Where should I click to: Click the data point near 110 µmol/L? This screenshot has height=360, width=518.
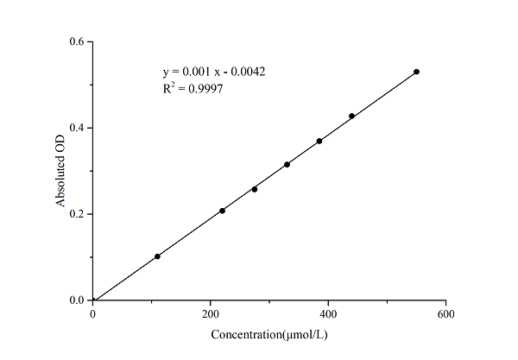[x=157, y=256]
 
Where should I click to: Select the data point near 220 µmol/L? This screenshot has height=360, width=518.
[x=222, y=211]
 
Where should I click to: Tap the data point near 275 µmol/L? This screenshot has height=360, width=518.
[x=255, y=189]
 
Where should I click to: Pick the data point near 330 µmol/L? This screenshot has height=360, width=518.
[x=287, y=164]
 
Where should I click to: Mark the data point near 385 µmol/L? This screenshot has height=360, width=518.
[x=319, y=141]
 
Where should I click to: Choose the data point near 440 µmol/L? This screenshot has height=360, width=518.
[x=351, y=116]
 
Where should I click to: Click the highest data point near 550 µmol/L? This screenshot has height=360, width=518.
[x=416, y=72]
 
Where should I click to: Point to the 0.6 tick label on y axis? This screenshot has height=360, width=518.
[x=76, y=41]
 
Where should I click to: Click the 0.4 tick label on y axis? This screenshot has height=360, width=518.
[x=76, y=128]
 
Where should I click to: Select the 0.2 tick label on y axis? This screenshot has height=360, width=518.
[x=76, y=214]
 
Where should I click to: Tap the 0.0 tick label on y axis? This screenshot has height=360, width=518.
[x=76, y=300]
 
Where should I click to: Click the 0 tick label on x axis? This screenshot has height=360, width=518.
[x=93, y=315]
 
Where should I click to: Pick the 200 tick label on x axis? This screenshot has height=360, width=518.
[x=211, y=315]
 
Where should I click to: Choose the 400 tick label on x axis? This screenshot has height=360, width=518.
[x=328, y=315]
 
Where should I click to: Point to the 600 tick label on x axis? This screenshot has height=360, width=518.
[x=445, y=315]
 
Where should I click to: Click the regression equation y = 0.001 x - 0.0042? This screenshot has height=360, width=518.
[x=213, y=71]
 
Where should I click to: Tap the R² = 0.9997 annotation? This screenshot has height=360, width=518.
[x=193, y=88]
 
